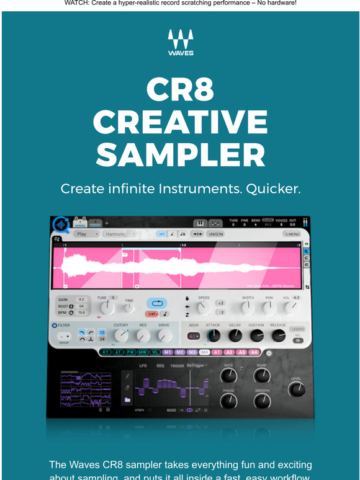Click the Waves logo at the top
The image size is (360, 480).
180,43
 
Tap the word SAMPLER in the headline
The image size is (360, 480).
180,155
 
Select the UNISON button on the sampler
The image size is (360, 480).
215,234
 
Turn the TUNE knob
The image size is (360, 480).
106,306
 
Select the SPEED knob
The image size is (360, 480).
203,308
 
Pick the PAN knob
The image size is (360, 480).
269,307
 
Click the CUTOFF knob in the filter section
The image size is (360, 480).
121,336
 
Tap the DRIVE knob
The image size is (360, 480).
164,336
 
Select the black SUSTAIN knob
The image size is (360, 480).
256,336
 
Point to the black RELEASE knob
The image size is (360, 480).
278,336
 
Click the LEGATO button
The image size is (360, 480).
298,329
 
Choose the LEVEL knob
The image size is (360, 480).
297,389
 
